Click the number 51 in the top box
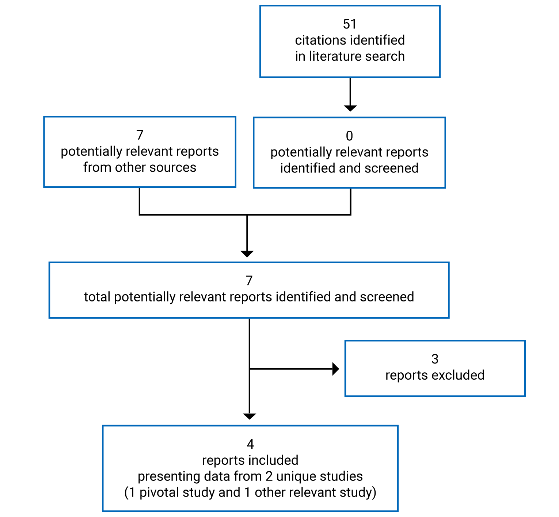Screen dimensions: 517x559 (350, 24)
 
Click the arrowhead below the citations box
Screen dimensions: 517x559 (350, 108)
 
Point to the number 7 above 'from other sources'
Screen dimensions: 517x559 (140, 135)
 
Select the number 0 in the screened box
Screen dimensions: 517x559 (349, 136)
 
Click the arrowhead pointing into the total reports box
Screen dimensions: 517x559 (247, 254)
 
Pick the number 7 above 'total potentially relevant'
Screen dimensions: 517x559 (249, 281)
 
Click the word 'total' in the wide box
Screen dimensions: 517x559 (97, 297)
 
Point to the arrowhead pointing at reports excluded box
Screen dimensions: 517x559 (335, 369)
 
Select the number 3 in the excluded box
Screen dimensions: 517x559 (435, 359)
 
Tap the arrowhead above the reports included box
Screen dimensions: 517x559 (249, 416)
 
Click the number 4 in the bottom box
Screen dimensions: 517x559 (250, 444)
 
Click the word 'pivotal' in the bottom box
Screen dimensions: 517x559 (159, 492)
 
